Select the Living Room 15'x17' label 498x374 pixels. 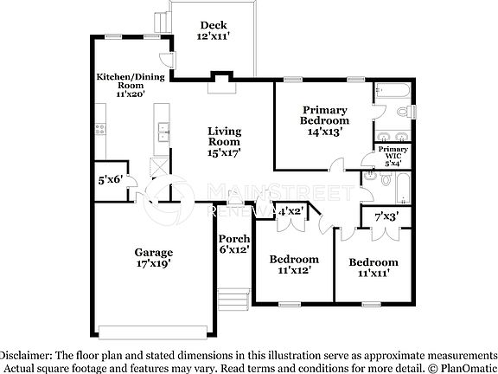pyautogui.click(x=223, y=141)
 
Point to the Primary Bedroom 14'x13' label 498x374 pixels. pyautogui.click(x=324, y=120)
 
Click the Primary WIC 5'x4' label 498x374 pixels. pyautogui.click(x=393, y=156)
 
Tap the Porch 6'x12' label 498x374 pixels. pyautogui.click(x=233, y=244)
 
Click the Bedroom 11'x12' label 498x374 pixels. pyautogui.click(x=294, y=264)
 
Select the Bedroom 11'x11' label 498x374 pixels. pyautogui.click(x=373, y=267)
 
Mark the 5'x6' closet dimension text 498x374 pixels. pyautogui.click(x=110, y=180)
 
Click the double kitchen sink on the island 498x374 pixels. pyautogui.click(x=163, y=132)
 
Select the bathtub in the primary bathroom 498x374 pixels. pyautogui.click(x=393, y=90)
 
